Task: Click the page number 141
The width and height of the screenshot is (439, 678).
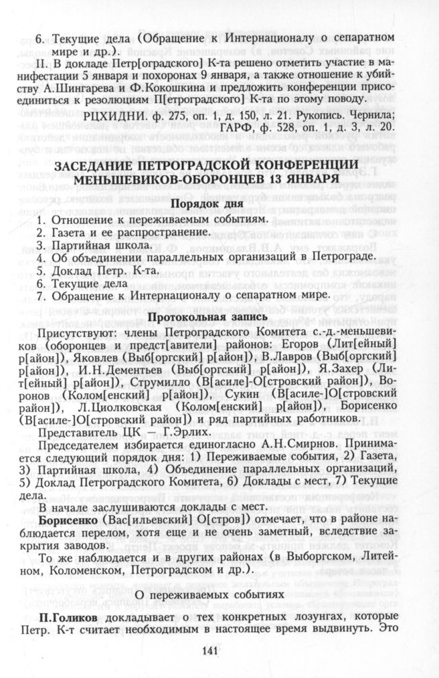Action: [x=219, y=649]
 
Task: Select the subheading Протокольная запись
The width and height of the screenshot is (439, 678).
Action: [x=218, y=317]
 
